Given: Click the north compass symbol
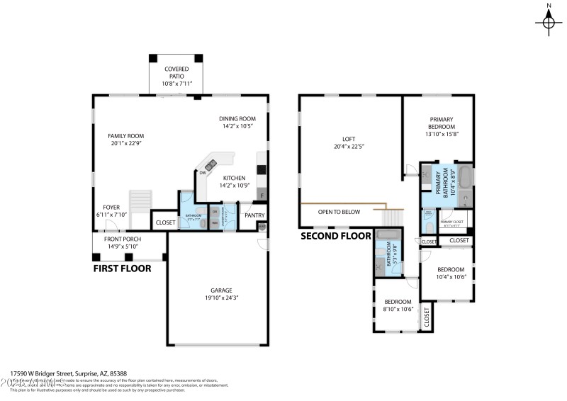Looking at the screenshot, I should (x=549, y=22).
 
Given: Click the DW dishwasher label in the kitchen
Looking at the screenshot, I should (x=203, y=173).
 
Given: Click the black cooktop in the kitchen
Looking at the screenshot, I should (x=262, y=170).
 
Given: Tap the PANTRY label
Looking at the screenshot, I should (x=254, y=215).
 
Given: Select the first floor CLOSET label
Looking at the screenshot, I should (x=165, y=222).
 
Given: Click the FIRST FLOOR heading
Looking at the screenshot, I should (x=122, y=269).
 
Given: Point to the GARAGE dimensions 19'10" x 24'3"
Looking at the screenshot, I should (x=217, y=298).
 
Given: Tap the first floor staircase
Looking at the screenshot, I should (x=140, y=201).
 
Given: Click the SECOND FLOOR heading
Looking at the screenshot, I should (x=336, y=236).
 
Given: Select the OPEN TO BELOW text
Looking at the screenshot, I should (x=339, y=212).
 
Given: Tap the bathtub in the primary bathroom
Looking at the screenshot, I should (x=465, y=176).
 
